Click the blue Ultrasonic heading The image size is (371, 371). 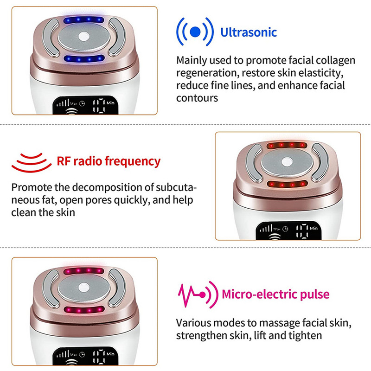[x=249, y=32]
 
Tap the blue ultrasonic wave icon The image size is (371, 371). [x=195, y=32]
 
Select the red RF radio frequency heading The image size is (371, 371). [x=109, y=161]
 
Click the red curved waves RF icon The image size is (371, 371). [x=31, y=162]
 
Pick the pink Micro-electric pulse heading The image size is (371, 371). [x=275, y=294]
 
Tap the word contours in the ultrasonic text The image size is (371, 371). [x=197, y=98]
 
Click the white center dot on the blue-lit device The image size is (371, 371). [x=84, y=38]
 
